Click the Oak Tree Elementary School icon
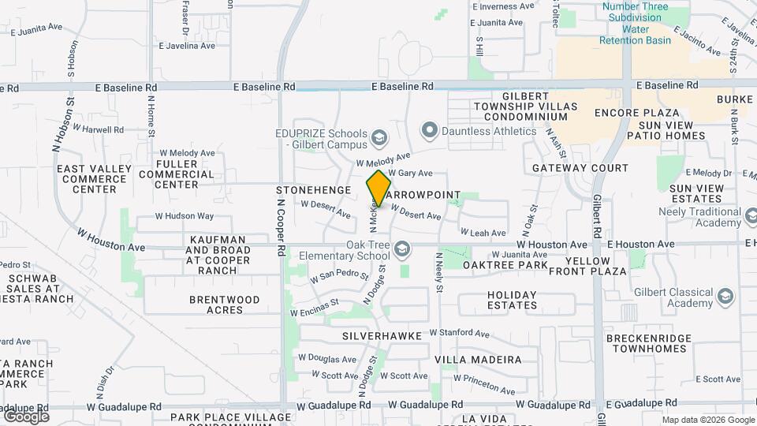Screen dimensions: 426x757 (402, 250)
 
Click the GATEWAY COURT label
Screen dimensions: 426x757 (580, 168)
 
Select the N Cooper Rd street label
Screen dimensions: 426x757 (282, 227)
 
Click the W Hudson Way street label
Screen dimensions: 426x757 (184, 215)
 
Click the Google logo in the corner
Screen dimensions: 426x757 (26, 416)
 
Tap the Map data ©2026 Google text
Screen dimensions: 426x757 (708, 420)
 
